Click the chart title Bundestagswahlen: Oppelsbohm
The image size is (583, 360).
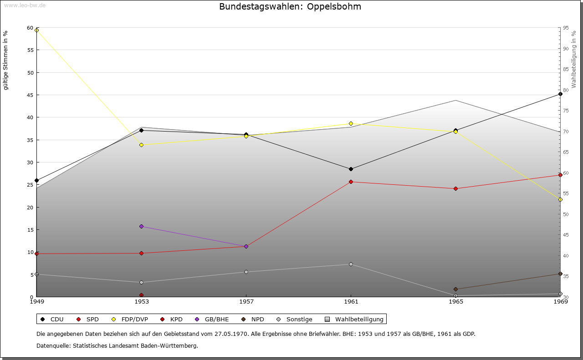290,7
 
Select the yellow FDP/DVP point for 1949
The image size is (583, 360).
37,30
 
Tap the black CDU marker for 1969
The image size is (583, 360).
560,94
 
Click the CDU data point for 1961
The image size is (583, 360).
351,169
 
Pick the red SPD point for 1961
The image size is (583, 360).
351,182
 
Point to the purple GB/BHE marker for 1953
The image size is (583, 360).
141,226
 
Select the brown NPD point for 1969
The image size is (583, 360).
560,274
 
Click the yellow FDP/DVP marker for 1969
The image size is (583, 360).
560,199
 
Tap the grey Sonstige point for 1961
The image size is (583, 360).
351,264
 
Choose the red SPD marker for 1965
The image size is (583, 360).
455,188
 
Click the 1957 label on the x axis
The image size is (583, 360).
246,301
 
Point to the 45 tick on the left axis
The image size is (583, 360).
31,95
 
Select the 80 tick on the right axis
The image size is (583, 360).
565,90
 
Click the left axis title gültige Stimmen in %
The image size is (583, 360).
6,61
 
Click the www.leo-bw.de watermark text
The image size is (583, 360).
24,5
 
